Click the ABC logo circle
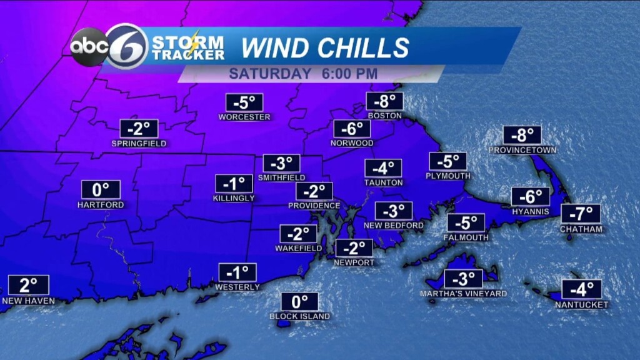pyautogui.click(x=87, y=47)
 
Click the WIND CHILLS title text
pyautogui.click(x=325, y=47)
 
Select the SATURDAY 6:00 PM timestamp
pyautogui.click(x=303, y=74)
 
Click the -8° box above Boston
pyautogui.click(x=384, y=102)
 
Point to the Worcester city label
pyautogui.click(x=244, y=117)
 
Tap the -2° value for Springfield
pyautogui.click(x=139, y=129)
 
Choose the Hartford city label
pyautogui.click(x=101, y=204)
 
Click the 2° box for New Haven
pyautogui.click(x=28, y=285)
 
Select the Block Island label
pyautogui.click(x=299, y=316)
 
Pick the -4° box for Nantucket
pyautogui.click(x=581, y=289)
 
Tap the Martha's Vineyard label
pyautogui.click(x=463, y=294)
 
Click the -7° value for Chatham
pyautogui.click(x=581, y=214)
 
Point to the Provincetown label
pyautogui.click(x=522, y=150)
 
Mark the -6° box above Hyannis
pyautogui.click(x=531, y=196)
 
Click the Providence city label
pyautogui.click(x=314, y=206)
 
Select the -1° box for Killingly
pyautogui.click(x=234, y=184)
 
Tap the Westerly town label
pyautogui.click(x=237, y=287)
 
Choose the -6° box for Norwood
pyautogui.click(x=352, y=129)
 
